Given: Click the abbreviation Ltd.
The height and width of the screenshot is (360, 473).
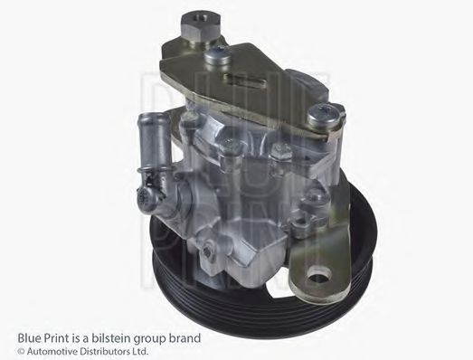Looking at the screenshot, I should point(138,351).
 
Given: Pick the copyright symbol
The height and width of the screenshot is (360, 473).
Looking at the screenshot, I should point(8,351).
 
